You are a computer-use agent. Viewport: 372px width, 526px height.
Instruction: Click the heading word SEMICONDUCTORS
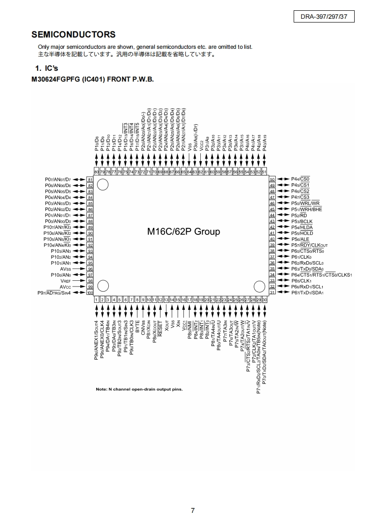coord(73,35)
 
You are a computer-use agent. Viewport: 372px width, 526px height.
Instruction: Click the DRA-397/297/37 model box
coord(324,17)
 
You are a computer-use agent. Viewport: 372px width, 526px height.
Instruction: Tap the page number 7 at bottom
coord(193,511)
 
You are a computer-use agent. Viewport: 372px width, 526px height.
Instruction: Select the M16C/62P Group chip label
coord(183,232)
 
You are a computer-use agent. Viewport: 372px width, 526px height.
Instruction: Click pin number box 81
coord(90,180)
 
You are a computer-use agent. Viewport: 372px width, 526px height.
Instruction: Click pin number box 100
coord(90,293)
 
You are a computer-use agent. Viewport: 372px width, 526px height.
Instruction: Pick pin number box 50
coord(272,179)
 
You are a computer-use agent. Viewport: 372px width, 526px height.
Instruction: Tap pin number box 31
coord(272,293)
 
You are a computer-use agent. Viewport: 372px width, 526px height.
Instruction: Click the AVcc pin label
coord(65,287)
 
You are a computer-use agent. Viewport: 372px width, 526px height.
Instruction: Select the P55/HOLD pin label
coord(302,233)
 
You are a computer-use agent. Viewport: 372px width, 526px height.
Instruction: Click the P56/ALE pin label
coord(300,239)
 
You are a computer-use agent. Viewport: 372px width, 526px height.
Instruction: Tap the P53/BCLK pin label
coord(302,221)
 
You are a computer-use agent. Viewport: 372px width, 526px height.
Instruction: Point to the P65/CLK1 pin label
coord(301,281)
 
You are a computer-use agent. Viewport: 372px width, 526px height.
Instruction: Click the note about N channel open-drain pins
coord(139,389)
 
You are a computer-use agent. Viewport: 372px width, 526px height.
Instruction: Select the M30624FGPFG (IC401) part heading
coord(92,79)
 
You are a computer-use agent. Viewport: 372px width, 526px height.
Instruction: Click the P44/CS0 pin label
coord(300,179)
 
